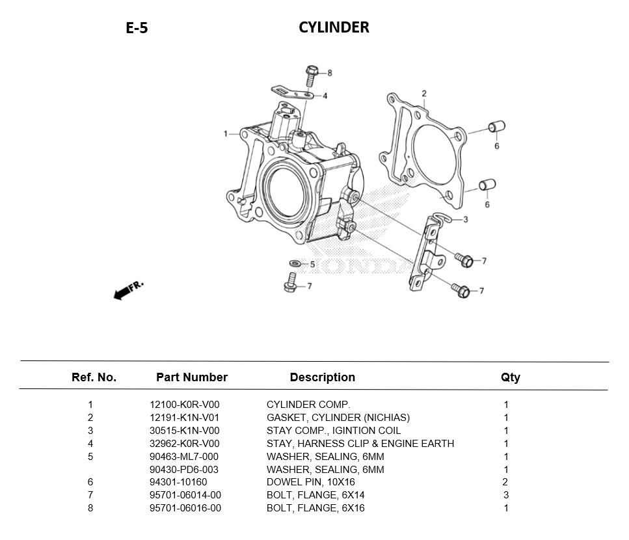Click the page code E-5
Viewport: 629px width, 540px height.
coord(137,28)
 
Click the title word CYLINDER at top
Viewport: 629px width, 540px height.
coord(334,27)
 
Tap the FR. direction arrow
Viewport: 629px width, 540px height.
coord(127,290)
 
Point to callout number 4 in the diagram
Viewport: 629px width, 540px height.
coord(325,96)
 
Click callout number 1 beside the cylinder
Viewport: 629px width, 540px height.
coord(226,134)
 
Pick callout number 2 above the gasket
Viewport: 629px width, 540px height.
coord(423,94)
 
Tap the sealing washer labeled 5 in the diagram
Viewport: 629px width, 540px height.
coord(294,263)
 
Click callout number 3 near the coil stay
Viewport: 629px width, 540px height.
coord(465,220)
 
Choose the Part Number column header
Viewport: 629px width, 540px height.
coord(192,377)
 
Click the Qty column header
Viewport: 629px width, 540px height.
coord(510,377)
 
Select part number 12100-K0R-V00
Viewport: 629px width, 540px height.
coord(185,405)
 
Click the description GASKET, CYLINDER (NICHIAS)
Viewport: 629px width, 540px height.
coord(338,418)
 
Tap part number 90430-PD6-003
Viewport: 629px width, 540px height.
coord(184,470)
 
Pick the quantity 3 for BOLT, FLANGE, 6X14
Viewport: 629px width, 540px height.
coord(506,495)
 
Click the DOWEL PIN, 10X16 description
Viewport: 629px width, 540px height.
coord(311,482)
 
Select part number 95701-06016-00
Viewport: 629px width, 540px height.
coord(185,508)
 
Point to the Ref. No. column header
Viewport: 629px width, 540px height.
coord(94,377)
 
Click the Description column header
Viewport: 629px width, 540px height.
coord(323,377)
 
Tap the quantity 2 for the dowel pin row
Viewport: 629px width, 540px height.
coord(505,482)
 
